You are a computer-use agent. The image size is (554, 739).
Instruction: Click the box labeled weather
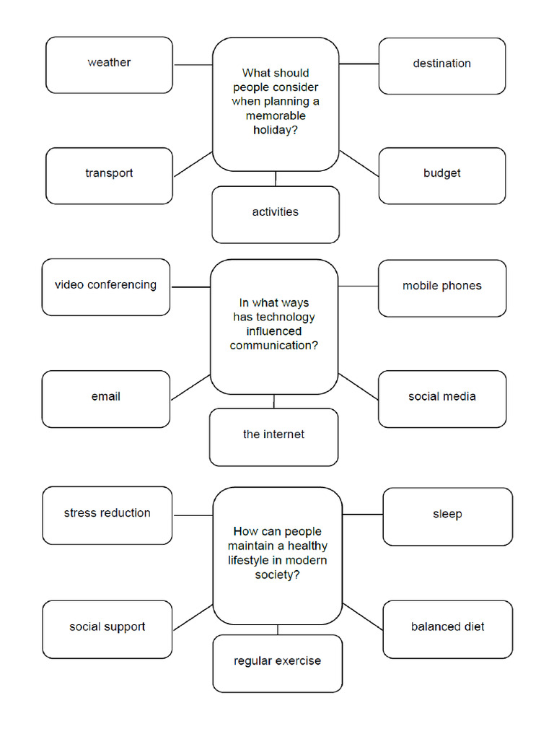click(109, 65)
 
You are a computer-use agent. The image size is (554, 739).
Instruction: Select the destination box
click(441, 66)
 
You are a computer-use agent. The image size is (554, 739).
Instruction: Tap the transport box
click(109, 175)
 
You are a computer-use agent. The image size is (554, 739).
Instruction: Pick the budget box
click(441, 175)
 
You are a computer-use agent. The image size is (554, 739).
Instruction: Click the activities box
click(275, 214)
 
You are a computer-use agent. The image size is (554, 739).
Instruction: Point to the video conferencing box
click(105, 287)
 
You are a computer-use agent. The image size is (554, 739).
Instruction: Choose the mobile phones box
click(441, 288)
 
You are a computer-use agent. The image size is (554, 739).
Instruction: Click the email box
click(105, 398)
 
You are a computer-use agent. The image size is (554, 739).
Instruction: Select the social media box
click(441, 398)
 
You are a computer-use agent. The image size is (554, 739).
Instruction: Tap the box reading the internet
click(273, 437)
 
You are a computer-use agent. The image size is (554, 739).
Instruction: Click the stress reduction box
click(107, 515)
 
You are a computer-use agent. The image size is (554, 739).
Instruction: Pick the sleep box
click(447, 516)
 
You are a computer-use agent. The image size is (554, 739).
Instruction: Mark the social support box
click(107, 629)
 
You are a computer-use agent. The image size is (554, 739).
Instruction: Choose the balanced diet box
click(447, 629)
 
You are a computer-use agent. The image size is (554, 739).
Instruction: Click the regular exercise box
click(277, 663)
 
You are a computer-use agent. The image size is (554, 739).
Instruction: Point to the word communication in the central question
click(274, 346)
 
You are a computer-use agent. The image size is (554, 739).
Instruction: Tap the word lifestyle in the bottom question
click(255, 561)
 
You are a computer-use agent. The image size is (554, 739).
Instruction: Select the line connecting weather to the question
click(193, 65)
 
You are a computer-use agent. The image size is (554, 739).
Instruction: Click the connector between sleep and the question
click(362, 515)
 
